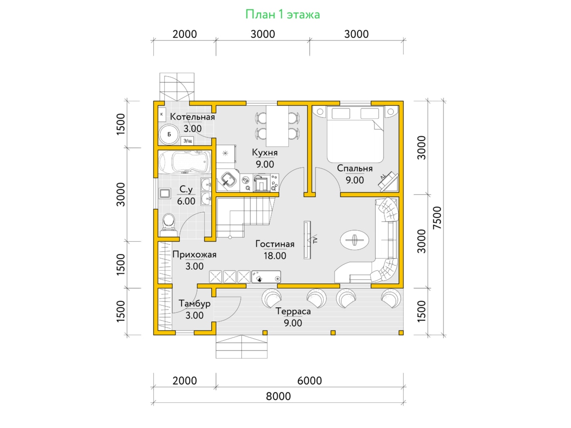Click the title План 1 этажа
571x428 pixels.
click(x=283, y=15)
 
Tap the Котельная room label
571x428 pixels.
click(x=192, y=117)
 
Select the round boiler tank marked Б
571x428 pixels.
click(x=169, y=135)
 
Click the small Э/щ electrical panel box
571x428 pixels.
click(x=187, y=141)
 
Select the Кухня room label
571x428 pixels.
click(x=265, y=152)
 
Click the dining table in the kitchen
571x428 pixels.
click(x=277, y=126)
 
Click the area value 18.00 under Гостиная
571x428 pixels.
click(x=275, y=256)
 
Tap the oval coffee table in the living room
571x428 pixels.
click(x=354, y=240)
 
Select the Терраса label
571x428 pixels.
click(x=293, y=311)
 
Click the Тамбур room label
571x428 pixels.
click(x=194, y=303)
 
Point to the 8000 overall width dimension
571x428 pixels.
click(x=278, y=396)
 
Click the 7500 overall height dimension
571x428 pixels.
click(x=437, y=218)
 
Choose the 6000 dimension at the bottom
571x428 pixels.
click(x=309, y=381)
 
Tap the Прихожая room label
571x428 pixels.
click(x=194, y=254)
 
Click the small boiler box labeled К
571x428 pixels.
click(x=161, y=114)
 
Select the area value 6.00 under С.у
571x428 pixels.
click(x=186, y=201)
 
